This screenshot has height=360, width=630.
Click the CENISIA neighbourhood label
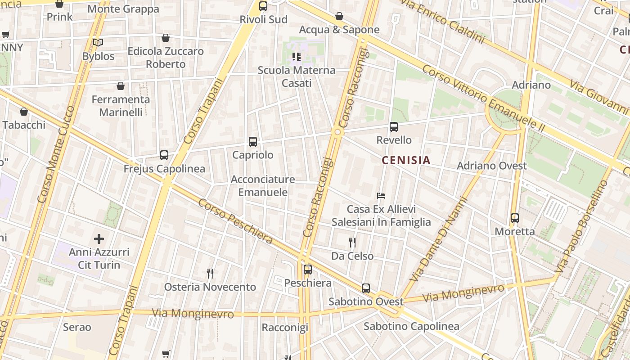coord(406,160)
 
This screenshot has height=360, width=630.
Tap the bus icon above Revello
coord(394,127)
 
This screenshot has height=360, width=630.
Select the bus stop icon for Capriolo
coord(253,142)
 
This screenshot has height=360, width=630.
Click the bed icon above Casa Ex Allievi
coord(381,196)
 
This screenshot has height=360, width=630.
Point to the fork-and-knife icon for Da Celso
coord(352,243)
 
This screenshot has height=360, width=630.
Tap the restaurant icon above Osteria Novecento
coord(210,273)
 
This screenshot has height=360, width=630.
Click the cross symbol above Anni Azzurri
coord(99,238)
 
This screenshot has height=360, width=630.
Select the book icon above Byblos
coord(98,43)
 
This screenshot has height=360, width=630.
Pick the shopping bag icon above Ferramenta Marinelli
coord(121,85)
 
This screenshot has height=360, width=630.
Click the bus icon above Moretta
coord(515,218)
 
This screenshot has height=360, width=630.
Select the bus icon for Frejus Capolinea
coord(164,155)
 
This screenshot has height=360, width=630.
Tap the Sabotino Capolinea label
coord(411,326)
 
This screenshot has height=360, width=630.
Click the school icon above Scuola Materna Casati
coord(296,57)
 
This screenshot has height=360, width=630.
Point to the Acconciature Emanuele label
coord(263,186)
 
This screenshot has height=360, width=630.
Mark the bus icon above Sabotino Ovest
coord(366,288)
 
